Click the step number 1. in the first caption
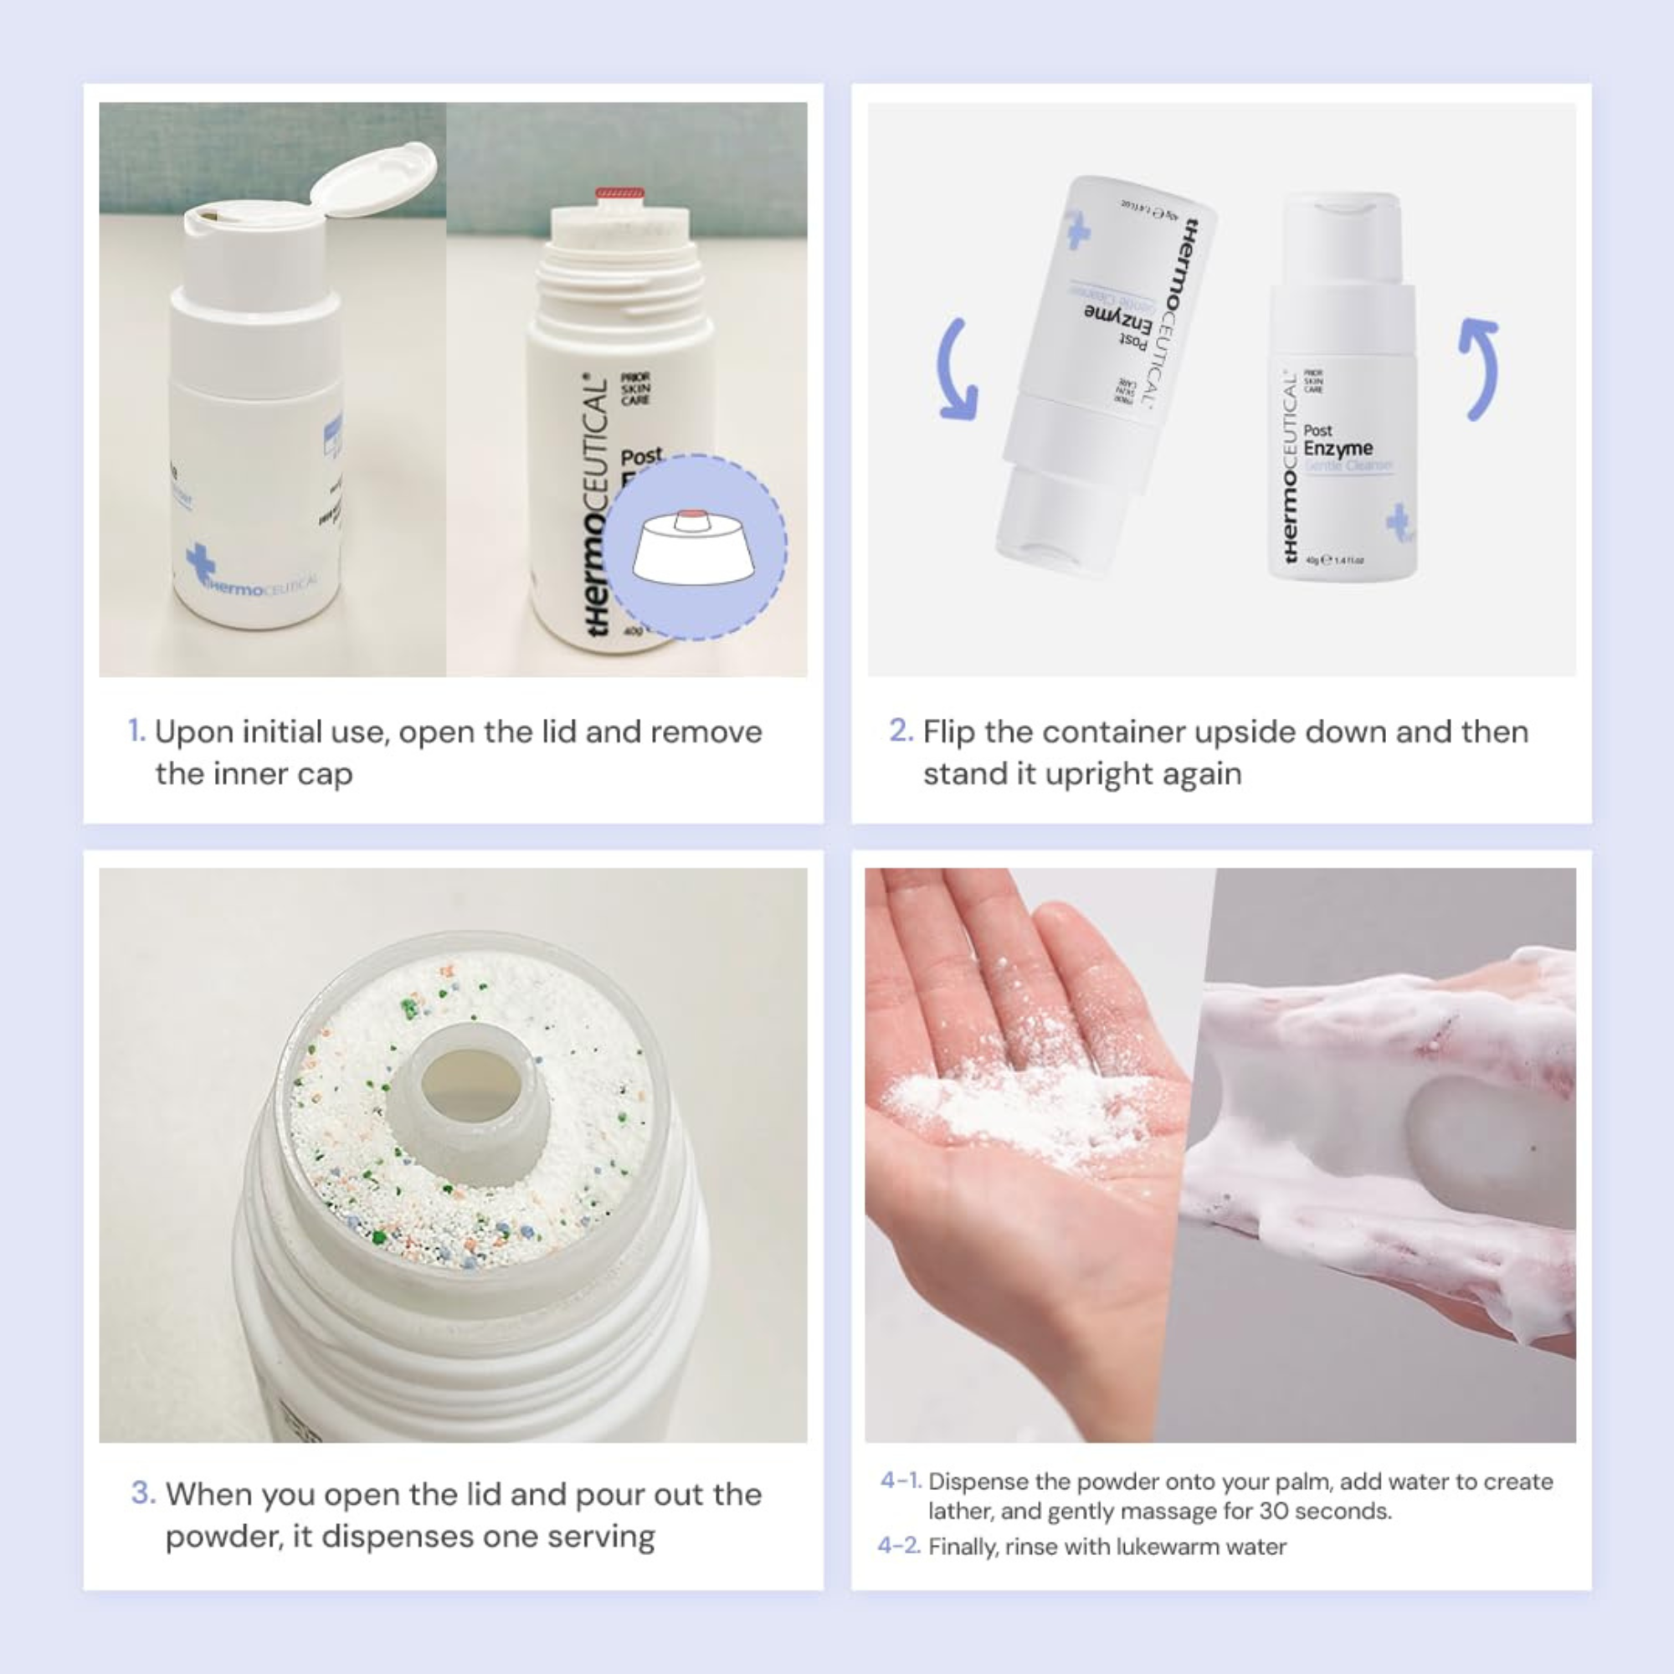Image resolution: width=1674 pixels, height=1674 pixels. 137,731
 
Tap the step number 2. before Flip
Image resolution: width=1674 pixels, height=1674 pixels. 901,731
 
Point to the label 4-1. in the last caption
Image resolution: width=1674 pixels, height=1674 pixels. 901,1481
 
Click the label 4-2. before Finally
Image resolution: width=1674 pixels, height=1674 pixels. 898,1547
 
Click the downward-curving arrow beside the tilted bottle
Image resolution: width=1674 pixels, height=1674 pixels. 957,370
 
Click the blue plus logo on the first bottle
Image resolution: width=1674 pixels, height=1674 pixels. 200,562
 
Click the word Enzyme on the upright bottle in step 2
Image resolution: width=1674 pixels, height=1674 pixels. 1338,449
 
